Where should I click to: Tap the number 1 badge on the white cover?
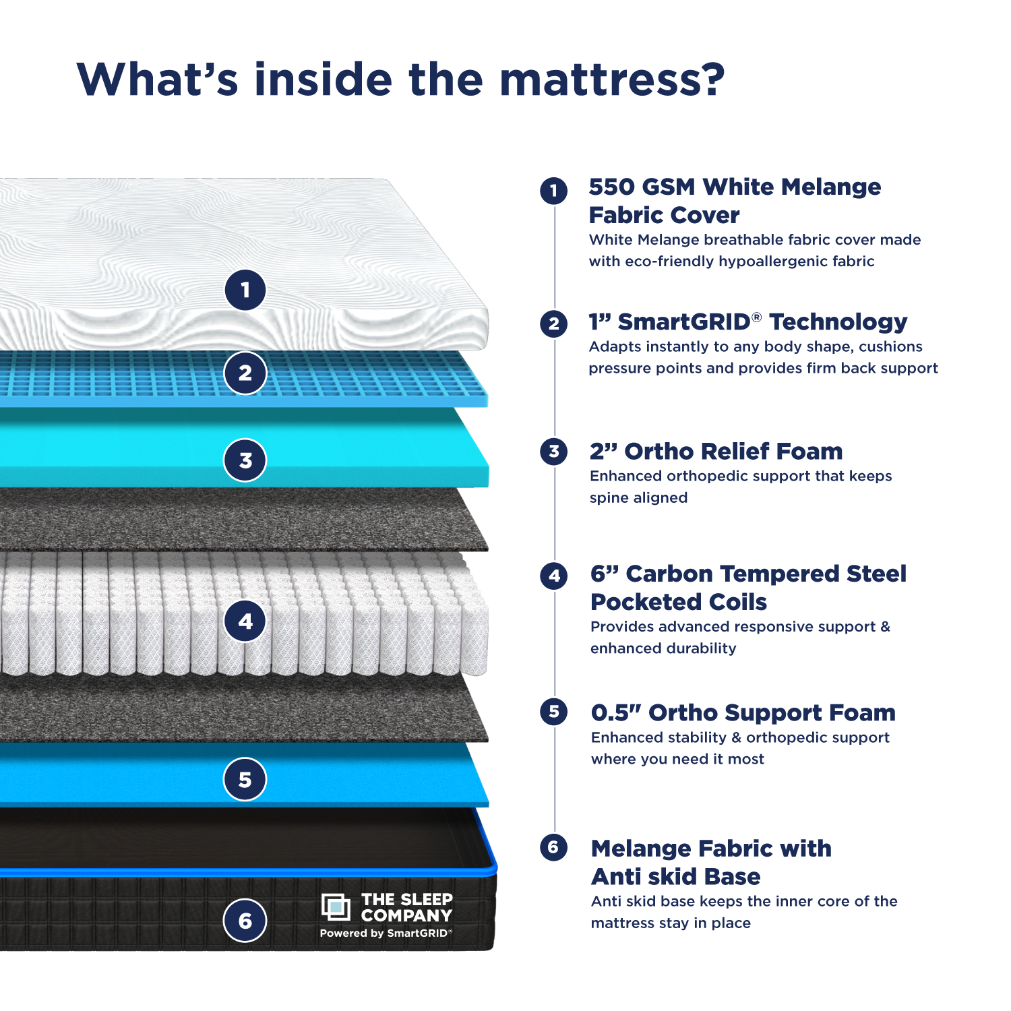pos(245,290)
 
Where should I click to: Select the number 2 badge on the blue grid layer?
pos(245,373)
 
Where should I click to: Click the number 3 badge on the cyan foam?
pos(245,460)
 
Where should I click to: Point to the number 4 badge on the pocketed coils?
pos(245,621)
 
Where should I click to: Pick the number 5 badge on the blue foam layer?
pos(245,780)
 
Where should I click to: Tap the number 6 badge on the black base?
pos(245,921)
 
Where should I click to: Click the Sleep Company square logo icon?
pos(336,907)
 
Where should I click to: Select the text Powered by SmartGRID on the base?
pos(386,933)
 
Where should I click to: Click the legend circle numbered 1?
pos(553,191)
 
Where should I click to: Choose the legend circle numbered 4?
pos(554,576)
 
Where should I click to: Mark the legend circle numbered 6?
pos(553,847)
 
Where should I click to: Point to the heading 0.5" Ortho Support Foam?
pos(743,712)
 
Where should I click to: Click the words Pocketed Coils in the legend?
pos(679,602)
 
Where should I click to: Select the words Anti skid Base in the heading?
pos(675,877)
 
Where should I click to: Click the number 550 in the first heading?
pos(611,187)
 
